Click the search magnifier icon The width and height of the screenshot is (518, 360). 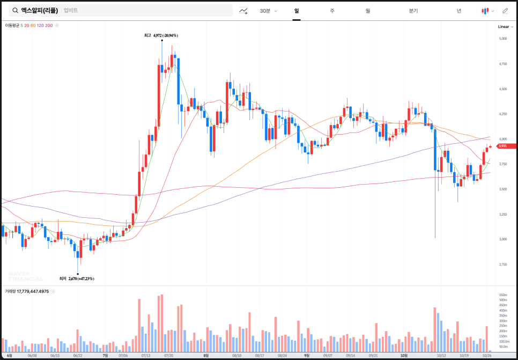pos(15,11)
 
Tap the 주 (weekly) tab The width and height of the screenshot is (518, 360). pos(332,11)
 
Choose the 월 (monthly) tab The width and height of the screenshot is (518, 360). pos(368,11)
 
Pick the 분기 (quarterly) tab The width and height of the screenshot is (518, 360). pos(413,11)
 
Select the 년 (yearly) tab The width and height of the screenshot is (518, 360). pos(459,11)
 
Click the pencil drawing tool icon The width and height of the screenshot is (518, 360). pos(505,11)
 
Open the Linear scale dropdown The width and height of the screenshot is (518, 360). pos(505,26)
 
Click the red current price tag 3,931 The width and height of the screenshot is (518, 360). pos(506,146)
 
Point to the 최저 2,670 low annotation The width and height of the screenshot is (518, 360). pos(77,278)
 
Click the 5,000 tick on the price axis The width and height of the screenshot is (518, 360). pos(502,39)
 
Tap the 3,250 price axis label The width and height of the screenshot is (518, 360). pos(502,214)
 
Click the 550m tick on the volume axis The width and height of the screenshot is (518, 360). pos(503,295)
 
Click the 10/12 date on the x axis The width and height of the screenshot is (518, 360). pos(442,355)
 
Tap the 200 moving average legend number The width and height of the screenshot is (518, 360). pos(49,25)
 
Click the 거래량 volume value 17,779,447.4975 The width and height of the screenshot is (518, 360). pos(33,291)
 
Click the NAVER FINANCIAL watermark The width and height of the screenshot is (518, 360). pos(25,276)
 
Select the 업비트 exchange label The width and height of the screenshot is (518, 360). pos(71,11)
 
